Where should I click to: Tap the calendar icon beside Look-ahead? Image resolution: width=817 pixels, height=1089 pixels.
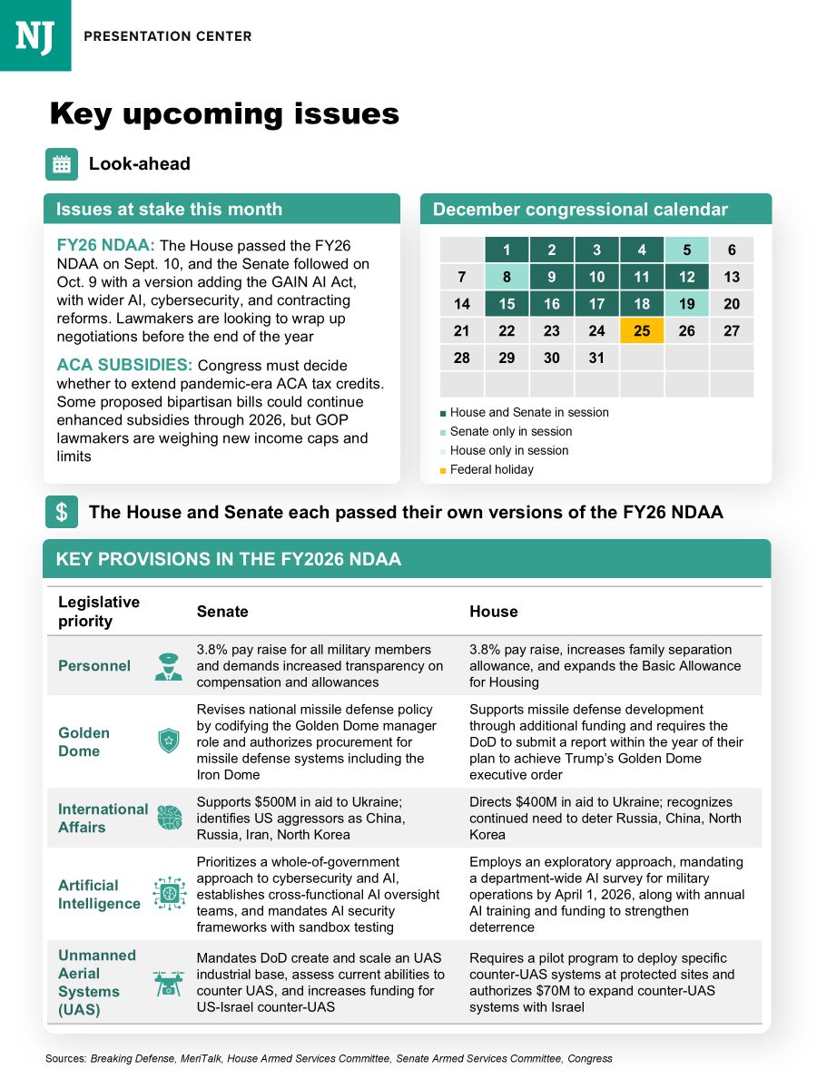tap(61, 164)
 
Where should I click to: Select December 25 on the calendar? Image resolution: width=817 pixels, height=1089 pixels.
tap(642, 331)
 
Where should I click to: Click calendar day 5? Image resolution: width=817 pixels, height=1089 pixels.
tap(687, 250)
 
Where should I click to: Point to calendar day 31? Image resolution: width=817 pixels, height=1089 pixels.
tap(596, 358)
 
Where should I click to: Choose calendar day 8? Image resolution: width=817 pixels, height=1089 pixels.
tap(507, 278)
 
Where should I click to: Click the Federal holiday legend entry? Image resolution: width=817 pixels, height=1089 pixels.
tap(491, 469)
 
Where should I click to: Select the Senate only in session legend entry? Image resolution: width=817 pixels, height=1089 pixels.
tap(510, 431)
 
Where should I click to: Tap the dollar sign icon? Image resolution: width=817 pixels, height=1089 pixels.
tap(61, 512)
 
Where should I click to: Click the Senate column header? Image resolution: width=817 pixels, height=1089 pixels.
tap(222, 612)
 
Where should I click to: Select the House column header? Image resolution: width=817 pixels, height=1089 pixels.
tap(493, 612)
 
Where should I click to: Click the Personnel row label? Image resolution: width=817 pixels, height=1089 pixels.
tap(94, 666)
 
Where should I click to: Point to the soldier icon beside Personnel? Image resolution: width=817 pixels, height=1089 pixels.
tap(169, 666)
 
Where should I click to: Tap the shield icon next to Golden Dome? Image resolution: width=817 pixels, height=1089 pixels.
tap(169, 741)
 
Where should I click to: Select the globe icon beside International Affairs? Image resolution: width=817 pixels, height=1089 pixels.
tap(169, 818)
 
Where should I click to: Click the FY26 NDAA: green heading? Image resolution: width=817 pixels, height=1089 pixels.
tap(105, 246)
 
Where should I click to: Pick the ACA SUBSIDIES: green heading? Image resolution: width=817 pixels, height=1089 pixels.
tap(124, 366)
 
